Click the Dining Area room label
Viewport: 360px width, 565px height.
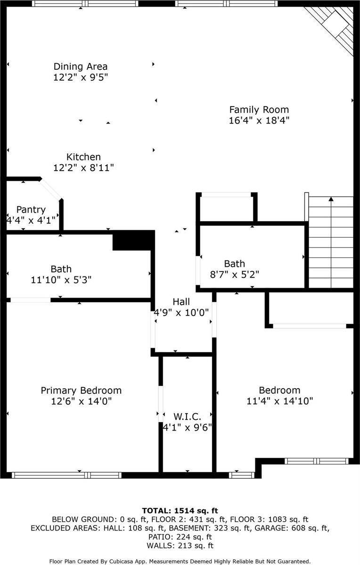81,66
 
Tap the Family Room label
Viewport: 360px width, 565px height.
259,110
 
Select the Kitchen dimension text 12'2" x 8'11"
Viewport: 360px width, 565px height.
83,167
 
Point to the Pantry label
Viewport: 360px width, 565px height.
31,209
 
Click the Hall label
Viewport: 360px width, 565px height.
181,301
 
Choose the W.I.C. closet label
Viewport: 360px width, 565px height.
187,416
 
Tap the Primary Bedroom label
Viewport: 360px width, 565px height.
81,391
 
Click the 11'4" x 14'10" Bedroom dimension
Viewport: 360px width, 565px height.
279,401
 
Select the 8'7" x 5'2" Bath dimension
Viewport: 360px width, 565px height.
234,274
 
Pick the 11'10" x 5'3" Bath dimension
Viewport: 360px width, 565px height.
61,280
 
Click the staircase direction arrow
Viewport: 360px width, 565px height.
331,200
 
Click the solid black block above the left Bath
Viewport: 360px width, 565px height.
134,240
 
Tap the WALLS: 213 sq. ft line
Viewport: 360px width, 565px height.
180,546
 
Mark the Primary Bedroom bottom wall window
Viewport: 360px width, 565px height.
66,475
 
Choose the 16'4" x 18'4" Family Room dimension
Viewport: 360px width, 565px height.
259,121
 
